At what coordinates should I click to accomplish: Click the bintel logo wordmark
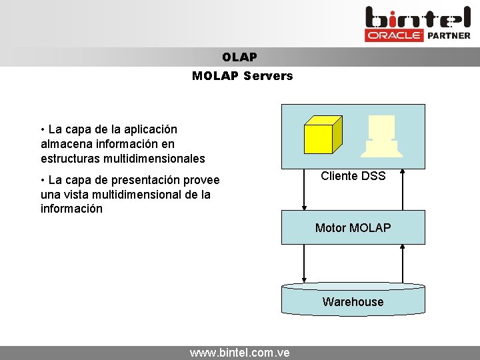(x=418, y=17)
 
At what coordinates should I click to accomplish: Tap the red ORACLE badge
(x=394, y=35)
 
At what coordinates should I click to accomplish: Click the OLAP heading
(x=239, y=57)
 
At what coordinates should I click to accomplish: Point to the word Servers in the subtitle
(x=268, y=76)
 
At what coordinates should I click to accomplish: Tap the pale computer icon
(x=381, y=136)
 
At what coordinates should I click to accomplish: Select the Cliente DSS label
(x=353, y=176)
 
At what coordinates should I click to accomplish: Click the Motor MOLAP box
(x=353, y=227)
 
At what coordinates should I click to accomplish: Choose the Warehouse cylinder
(x=353, y=300)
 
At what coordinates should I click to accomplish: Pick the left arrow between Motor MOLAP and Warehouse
(x=303, y=263)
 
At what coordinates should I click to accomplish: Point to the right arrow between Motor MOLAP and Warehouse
(x=403, y=263)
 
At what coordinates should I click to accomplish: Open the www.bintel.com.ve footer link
(x=239, y=353)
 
